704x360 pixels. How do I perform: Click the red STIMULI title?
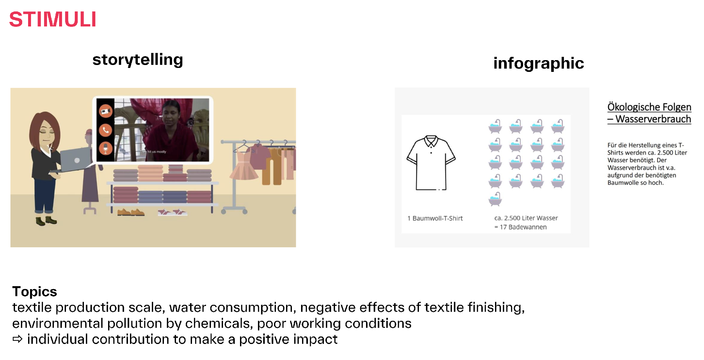tap(53, 19)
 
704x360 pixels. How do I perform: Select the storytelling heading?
tap(137, 60)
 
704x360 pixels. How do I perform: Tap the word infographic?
tap(538, 63)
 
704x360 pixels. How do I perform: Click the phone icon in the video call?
tap(105, 130)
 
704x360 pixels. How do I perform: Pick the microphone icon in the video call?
tap(105, 149)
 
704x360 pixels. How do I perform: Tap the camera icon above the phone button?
tap(105, 111)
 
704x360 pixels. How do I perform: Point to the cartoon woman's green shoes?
tap(46, 221)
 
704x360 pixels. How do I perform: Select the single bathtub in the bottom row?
tap(495, 199)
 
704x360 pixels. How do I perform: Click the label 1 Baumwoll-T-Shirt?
tap(435, 218)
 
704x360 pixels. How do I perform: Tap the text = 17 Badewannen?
tap(520, 227)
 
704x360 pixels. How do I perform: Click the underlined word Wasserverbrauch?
tap(653, 119)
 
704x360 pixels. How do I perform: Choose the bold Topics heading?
tap(35, 291)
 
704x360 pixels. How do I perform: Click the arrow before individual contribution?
tap(18, 339)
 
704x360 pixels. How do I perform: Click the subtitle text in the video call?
tap(153, 152)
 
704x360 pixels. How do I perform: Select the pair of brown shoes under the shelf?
tap(131, 212)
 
